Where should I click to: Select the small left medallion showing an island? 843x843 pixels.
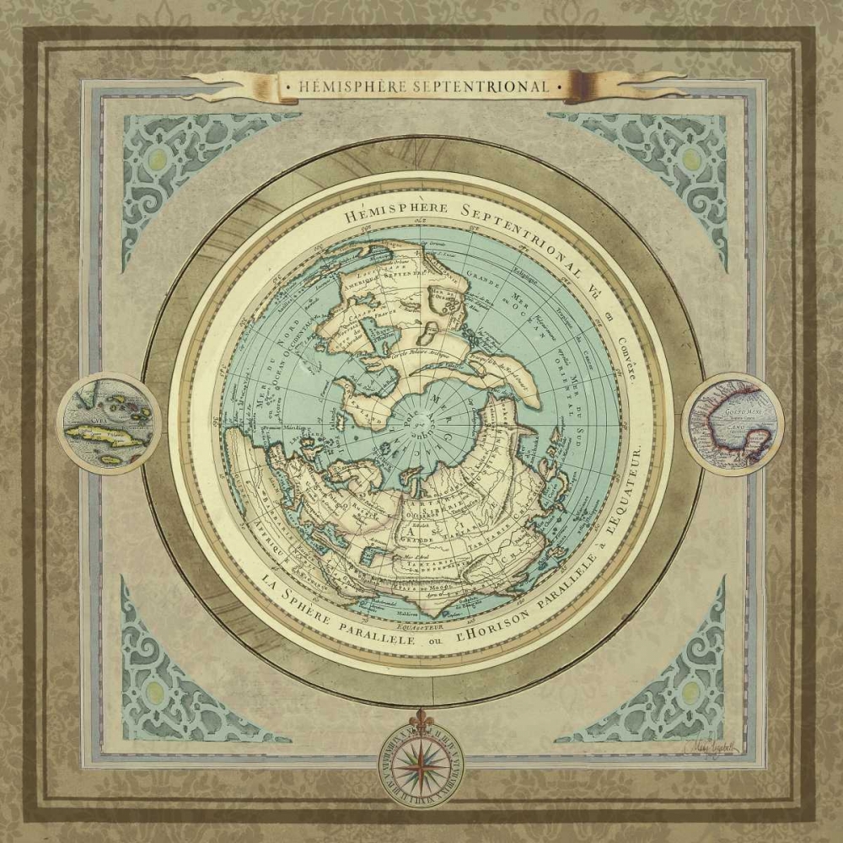pyautogui.click(x=109, y=423)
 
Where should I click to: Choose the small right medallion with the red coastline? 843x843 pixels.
pyautogui.click(x=733, y=423)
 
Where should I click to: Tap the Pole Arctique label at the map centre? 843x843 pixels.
pyautogui.click(x=419, y=419)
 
